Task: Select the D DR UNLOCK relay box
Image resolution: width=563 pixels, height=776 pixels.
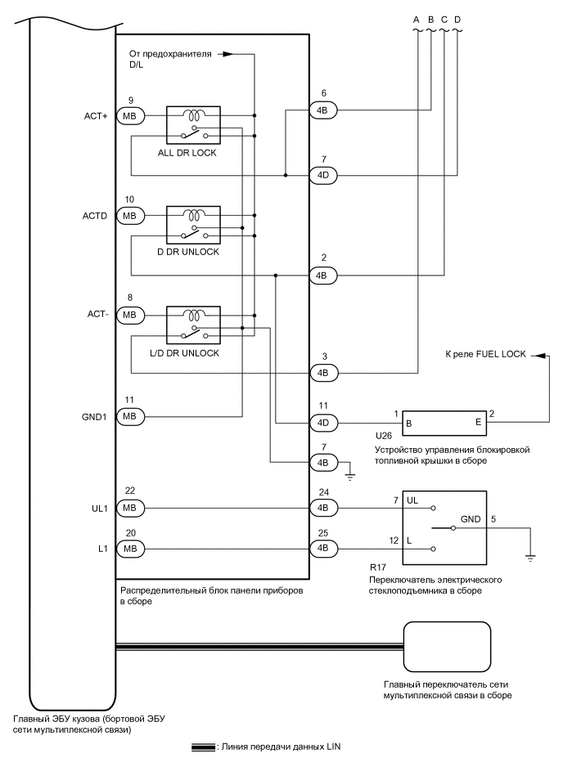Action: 193,223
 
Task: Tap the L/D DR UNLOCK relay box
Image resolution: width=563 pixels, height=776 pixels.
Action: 193,323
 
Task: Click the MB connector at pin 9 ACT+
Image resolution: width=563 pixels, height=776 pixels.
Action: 129,116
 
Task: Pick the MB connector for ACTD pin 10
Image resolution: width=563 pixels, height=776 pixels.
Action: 129,216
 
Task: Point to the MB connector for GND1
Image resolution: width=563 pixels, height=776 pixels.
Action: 129,416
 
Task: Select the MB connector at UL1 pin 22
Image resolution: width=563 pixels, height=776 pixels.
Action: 129,508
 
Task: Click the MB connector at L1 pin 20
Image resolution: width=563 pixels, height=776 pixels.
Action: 129,548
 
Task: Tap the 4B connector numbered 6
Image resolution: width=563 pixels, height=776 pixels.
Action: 322,110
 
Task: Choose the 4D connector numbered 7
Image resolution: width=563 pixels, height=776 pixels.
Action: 322,175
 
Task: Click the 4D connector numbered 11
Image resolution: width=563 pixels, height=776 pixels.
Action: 322,423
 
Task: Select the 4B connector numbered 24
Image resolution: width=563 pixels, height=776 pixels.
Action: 322,508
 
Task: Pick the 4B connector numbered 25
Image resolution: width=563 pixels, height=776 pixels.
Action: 322,548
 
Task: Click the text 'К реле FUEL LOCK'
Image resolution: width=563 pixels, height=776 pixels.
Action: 484,355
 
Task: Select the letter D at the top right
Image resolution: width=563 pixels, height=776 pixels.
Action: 457,18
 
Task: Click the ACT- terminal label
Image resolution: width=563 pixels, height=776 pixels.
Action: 97,314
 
